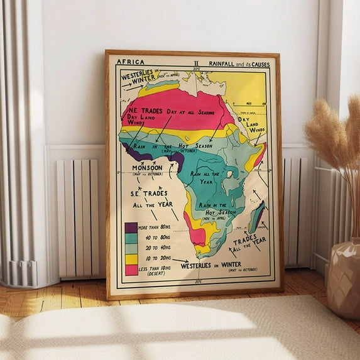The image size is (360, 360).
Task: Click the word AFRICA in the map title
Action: pyautogui.click(x=130, y=62)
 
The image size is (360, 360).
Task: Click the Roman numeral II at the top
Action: pyautogui.click(x=196, y=62)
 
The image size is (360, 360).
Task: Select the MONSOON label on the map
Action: pyautogui.click(x=147, y=168)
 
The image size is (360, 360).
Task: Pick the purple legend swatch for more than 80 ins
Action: pyautogui.click(x=131, y=228)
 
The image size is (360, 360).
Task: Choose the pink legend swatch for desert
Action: pyautogui.click(x=131, y=270)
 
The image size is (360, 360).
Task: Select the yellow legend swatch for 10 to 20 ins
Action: pyautogui.click(x=131, y=259)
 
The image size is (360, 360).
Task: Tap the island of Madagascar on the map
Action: pyautogui.click(x=257, y=217)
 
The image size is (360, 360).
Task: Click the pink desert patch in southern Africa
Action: pyautogui.click(x=198, y=236)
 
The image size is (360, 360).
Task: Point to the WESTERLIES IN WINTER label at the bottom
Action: pyautogui.click(x=211, y=265)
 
